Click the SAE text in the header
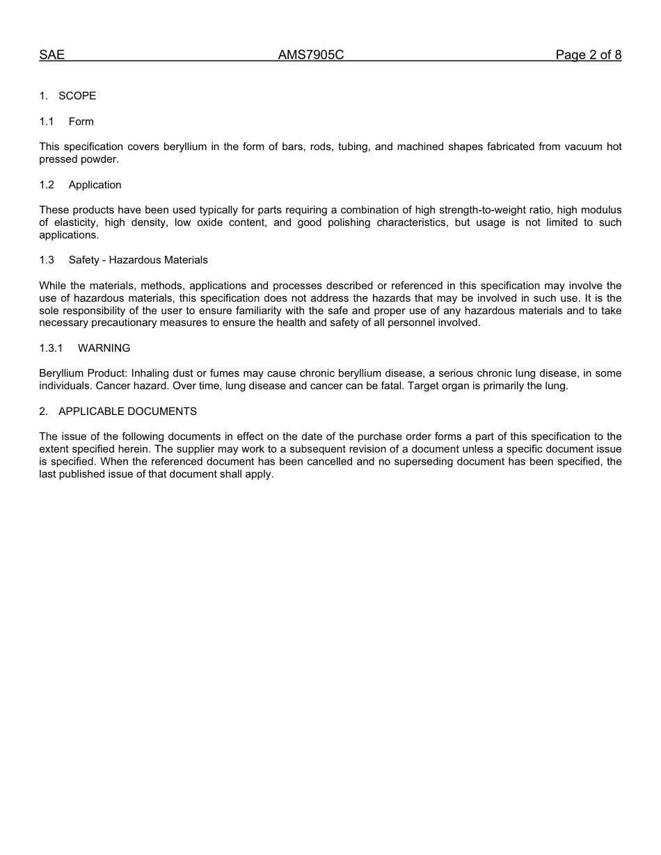coord(51,55)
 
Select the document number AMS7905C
coord(311,55)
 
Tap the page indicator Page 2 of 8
coord(588,55)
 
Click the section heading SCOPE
coord(77,96)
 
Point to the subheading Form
coord(81,122)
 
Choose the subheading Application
coord(95,185)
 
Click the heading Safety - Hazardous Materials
coord(138,260)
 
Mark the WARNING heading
coord(104,348)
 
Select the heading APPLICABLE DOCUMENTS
coord(127,412)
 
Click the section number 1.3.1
coord(51,348)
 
